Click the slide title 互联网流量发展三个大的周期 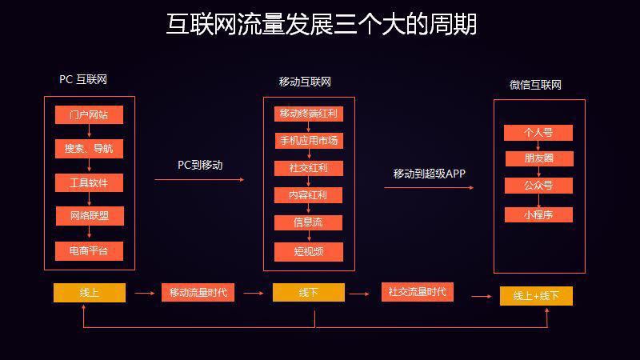pos(321,24)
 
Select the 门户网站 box pos(89,114)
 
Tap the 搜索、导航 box pos(89,148)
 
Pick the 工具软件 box pos(89,182)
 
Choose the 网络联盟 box pos(89,216)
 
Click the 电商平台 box pos(89,250)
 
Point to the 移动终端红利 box pos(308,114)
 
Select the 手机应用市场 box pos(308,141)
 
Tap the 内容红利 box pos(308,195)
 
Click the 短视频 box pos(308,251)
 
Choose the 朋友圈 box pos(538,158)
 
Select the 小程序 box pos(538,214)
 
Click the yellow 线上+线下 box pos(536,296)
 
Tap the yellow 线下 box pos(308,293)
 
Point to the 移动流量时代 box pos(198,293)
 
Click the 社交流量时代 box pos(418,292)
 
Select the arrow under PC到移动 pos(199,180)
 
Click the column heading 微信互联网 pos(535,85)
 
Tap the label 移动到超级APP pos(429,174)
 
